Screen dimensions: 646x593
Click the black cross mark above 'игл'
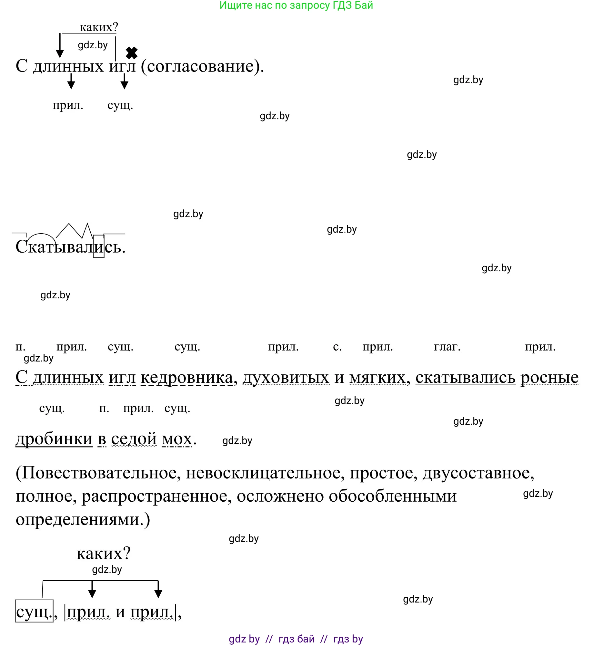pos(131,53)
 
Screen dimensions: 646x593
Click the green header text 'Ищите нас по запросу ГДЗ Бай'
pos(296,5)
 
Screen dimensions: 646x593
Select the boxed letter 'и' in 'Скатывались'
pos(99,246)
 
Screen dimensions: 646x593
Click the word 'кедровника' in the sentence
pos(187,377)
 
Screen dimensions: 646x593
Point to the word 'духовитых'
pos(286,377)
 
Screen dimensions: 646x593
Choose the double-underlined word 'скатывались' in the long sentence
pos(465,377)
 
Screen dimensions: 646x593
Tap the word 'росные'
pos(549,377)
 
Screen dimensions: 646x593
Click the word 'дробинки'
pos(54,439)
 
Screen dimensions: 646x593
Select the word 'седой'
pos(134,439)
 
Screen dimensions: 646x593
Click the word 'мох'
pos(177,439)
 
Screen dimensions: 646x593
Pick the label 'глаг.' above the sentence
pos(447,347)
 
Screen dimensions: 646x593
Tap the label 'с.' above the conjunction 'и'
pos(337,347)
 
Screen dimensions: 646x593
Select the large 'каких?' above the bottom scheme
pos(103,554)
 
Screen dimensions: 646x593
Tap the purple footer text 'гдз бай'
pos(296,639)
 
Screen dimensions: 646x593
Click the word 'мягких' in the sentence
pos(377,377)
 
